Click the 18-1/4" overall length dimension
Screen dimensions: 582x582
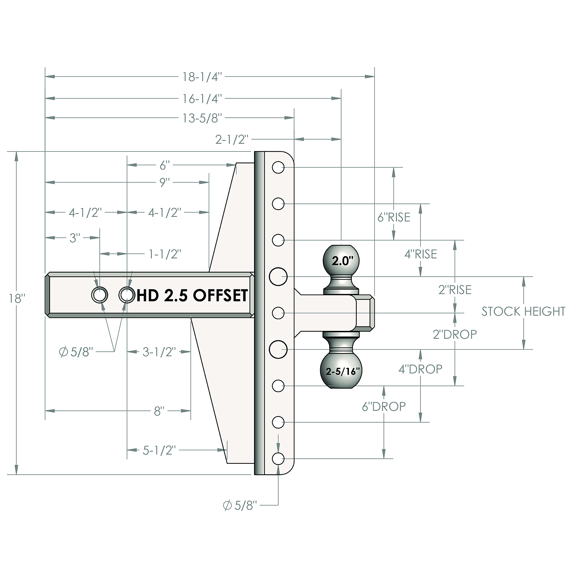click(x=202, y=77)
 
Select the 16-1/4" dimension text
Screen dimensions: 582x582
click(x=202, y=99)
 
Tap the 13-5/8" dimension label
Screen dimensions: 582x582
click(x=202, y=118)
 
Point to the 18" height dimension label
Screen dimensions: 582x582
click(x=17, y=299)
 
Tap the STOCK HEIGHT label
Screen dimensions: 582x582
click(x=523, y=311)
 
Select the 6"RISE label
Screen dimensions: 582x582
click(x=394, y=217)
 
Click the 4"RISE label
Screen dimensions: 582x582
click(x=420, y=254)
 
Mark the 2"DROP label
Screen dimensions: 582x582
click(x=455, y=334)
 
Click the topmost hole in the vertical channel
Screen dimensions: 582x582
click(x=278, y=167)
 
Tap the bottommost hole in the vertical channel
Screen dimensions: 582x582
click(x=278, y=459)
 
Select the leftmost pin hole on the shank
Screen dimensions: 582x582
click(x=100, y=295)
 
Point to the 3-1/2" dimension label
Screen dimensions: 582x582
click(x=159, y=352)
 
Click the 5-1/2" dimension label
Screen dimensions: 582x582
click(x=159, y=450)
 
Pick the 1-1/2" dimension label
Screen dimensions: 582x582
click(x=165, y=254)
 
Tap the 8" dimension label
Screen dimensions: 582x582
click(x=159, y=411)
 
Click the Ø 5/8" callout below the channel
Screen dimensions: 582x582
click(x=240, y=505)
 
